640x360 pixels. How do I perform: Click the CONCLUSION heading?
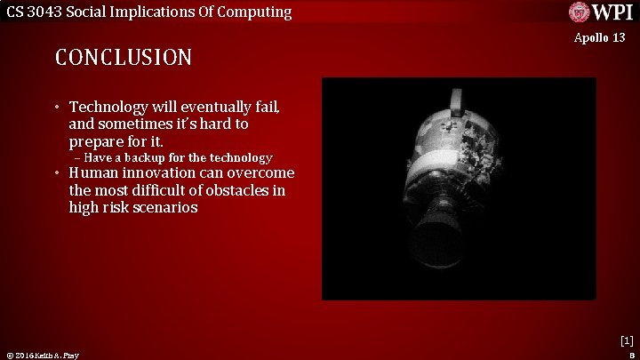tap(124, 58)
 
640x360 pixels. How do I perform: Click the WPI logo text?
tap(613, 12)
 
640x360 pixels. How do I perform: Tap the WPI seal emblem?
tap(579, 12)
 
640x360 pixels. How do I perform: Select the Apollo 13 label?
tap(599, 37)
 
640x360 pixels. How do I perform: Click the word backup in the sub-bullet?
tap(152, 157)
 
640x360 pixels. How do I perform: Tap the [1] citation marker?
tap(627, 340)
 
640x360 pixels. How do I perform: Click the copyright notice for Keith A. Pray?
tap(43, 356)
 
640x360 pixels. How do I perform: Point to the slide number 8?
tap(629, 355)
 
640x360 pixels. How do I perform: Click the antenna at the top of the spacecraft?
tap(457, 99)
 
